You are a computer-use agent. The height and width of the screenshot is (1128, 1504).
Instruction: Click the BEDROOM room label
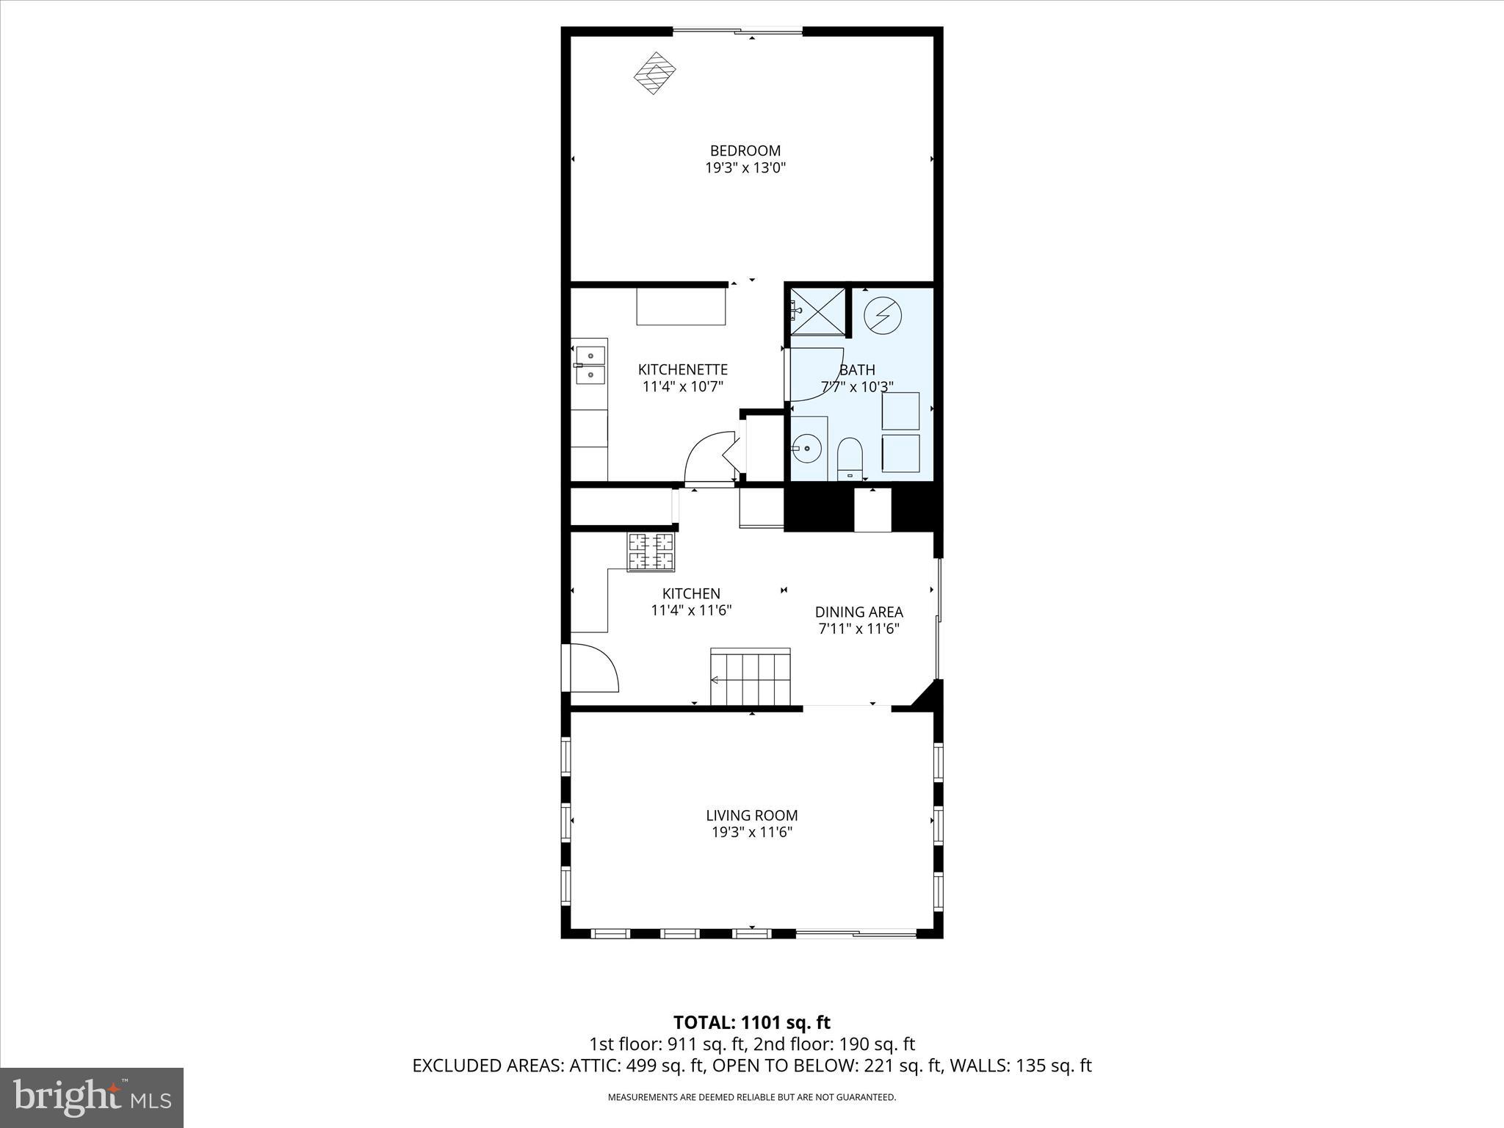(x=745, y=151)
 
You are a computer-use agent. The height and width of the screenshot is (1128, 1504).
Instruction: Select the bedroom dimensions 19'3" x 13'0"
(x=745, y=168)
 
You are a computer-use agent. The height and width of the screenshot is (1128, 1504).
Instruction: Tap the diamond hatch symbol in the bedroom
(x=654, y=72)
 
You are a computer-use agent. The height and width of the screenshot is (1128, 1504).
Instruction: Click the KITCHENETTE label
(x=682, y=369)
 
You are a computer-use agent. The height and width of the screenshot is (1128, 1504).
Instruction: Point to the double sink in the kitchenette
(x=590, y=365)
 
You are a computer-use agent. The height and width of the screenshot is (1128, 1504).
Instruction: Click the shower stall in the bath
(x=817, y=311)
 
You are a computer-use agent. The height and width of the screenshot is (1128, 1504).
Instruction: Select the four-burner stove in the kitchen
(x=651, y=552)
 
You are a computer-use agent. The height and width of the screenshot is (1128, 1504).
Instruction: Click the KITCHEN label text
(x=691, y=593)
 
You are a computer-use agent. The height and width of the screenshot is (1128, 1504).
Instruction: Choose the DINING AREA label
(x=858, y=612)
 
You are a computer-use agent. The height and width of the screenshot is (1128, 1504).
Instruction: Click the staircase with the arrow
(x=750, y=676)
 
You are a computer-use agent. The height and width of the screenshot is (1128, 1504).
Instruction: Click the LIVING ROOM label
(x=751, y=815)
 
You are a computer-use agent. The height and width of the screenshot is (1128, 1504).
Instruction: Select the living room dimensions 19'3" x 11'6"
(x=751, y=832)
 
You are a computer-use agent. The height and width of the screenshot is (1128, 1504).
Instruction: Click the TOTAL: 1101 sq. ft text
(x=751, y=1022)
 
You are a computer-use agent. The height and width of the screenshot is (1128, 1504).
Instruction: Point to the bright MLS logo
(x=92, y=1097)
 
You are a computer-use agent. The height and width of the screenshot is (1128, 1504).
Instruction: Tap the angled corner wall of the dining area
(x=927, y=695)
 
